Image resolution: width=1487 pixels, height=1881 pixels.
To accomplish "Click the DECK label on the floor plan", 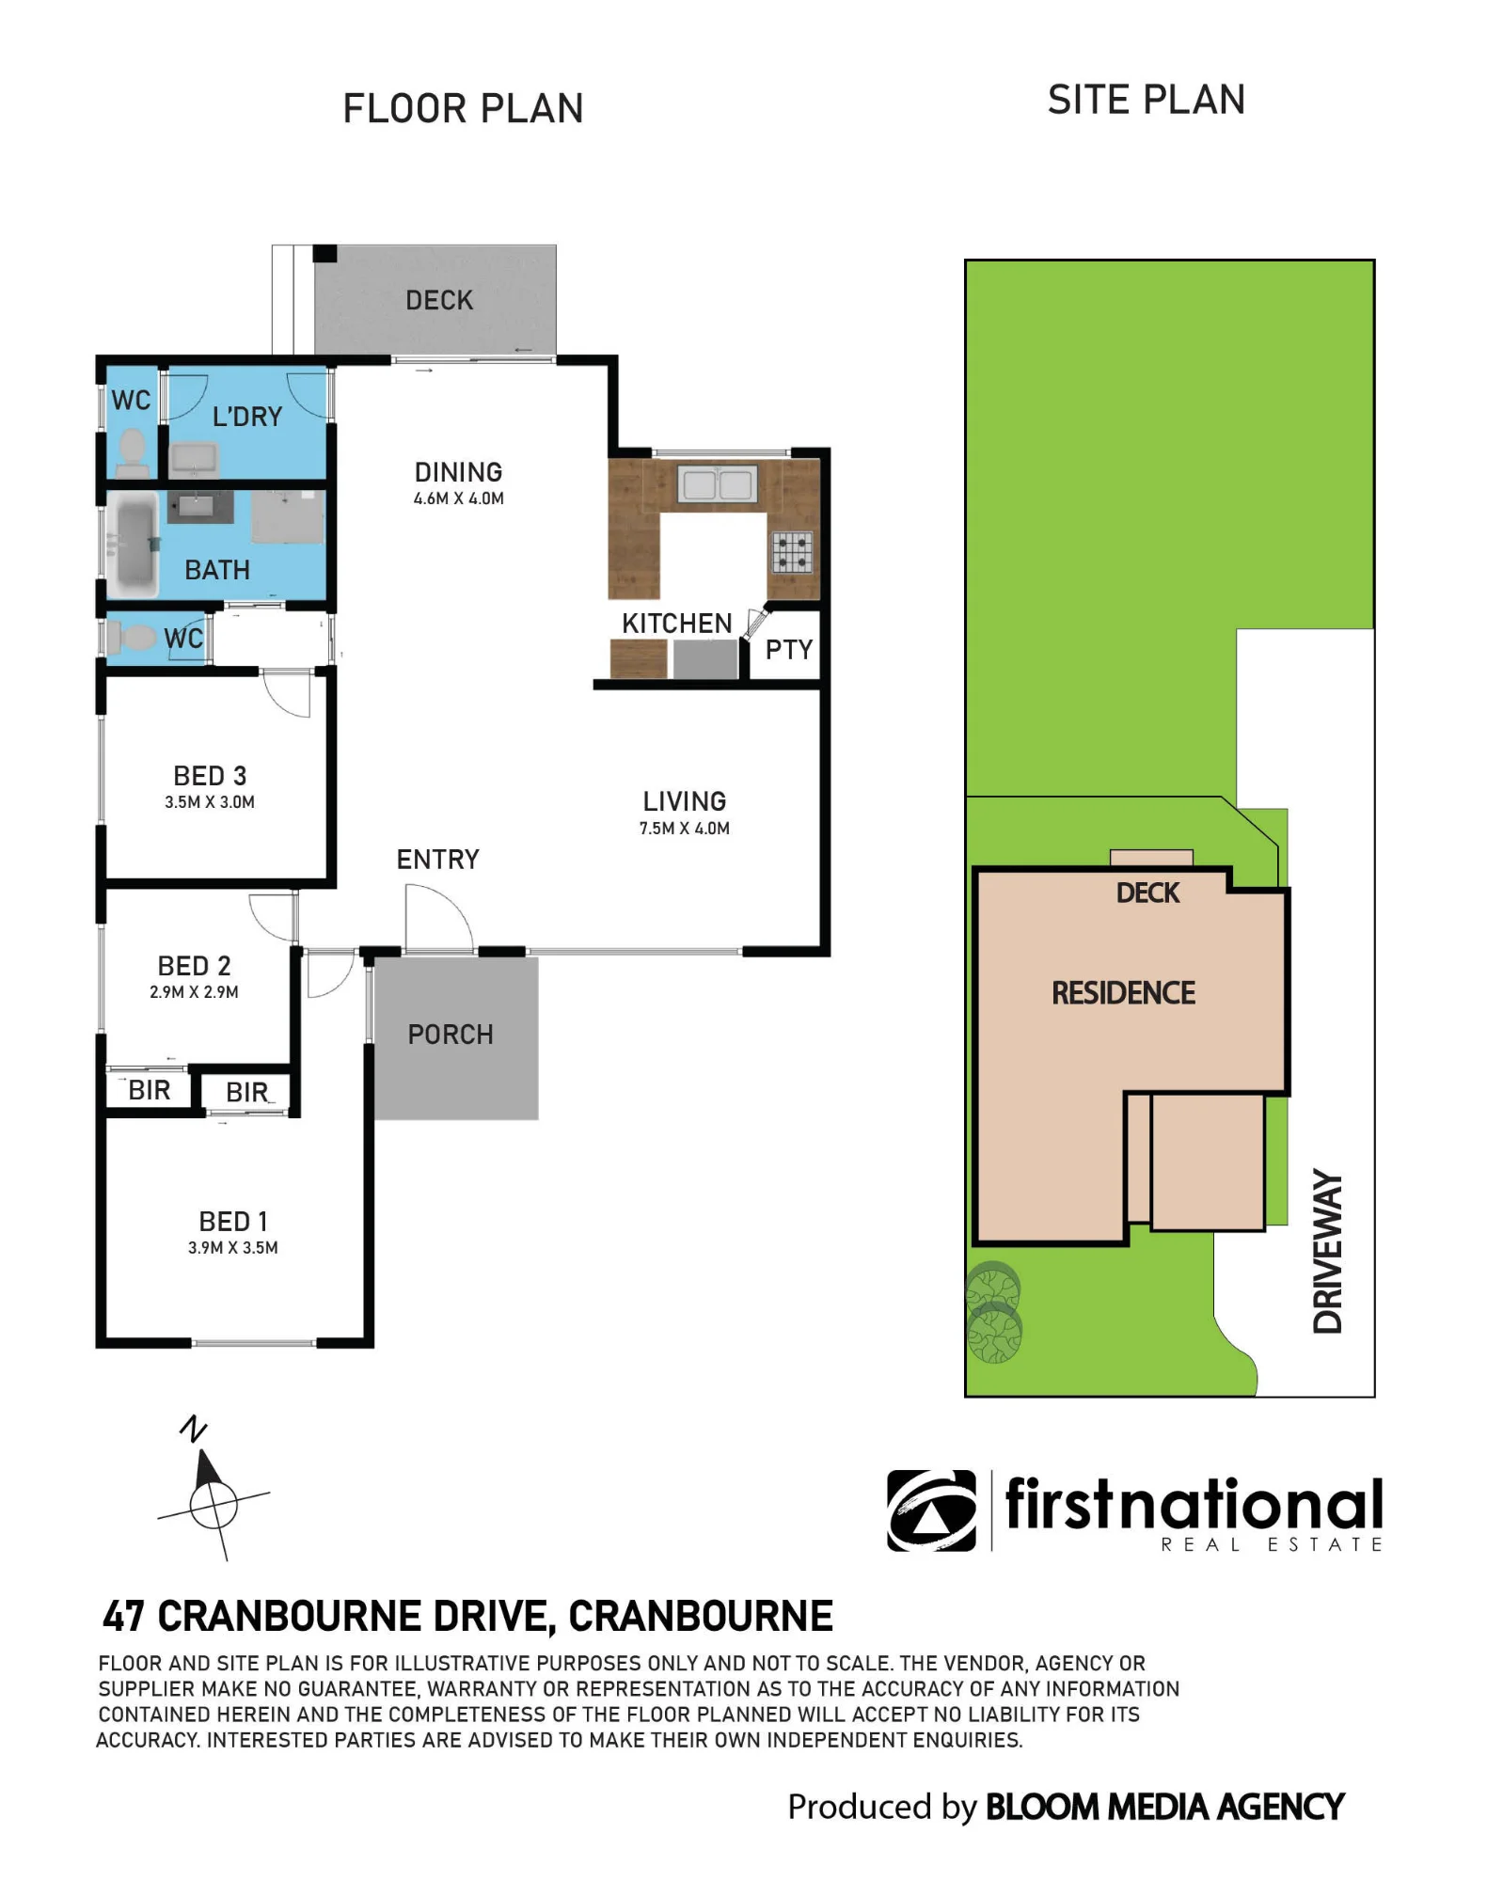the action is [439, 300].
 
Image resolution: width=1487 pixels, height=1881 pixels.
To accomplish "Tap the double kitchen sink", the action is [717, 484].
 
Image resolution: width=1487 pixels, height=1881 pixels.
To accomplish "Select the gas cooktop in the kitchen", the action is [792, 552].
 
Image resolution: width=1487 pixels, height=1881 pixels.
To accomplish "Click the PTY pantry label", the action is [788, 649].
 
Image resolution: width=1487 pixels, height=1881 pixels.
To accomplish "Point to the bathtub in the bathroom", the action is [133, 545].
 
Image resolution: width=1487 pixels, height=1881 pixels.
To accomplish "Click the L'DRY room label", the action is [247, 417].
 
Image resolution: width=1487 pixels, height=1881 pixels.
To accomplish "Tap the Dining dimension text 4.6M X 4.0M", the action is [459, 498].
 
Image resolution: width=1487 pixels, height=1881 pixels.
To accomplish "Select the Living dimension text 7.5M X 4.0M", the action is [685, 829].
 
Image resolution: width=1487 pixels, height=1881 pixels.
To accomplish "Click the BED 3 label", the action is [210, 776].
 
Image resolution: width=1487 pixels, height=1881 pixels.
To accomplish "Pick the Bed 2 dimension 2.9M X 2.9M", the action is [195, 992].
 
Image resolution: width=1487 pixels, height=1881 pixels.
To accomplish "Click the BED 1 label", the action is [233, 1222].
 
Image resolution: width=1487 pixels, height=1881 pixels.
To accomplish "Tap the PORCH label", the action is [451, 1035].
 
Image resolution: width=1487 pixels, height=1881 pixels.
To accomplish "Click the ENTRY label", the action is [438, 860].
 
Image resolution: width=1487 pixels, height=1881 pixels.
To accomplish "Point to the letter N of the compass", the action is [193, 1429].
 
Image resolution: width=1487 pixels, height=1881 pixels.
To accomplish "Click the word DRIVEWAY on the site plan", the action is [1327, 1251].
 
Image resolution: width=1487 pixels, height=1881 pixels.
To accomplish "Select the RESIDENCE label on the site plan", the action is [1124, 993].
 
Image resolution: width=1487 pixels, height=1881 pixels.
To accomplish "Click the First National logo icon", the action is [931, 1510].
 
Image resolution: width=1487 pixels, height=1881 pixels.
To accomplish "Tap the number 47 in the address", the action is [123, 1617].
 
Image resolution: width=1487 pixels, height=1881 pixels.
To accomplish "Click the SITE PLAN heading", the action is [1147, 100].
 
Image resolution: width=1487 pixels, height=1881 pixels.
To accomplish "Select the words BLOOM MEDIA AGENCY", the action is [1164, 1807].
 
